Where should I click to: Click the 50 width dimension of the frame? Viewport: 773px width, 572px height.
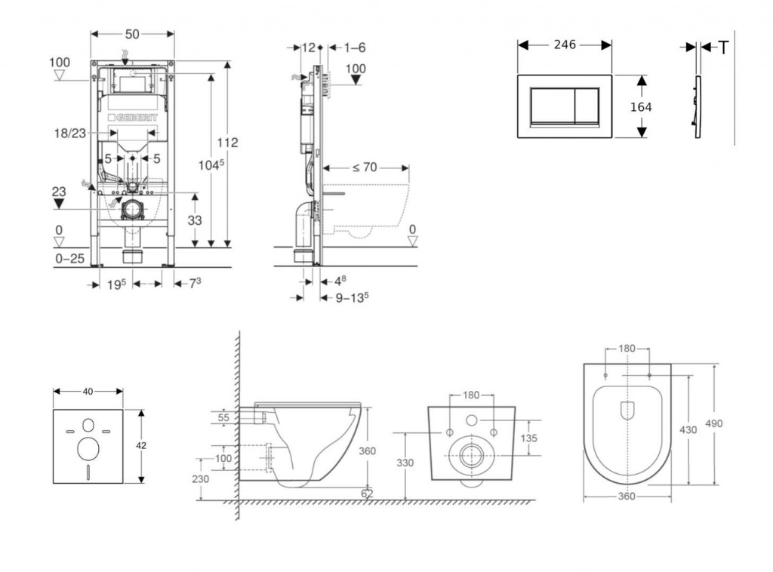pyautogui.click(x=132, y=34)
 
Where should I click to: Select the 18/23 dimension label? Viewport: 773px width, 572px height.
pyautogui.click(x=69, y=132)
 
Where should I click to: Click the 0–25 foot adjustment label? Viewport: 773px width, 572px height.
pyautogui.click(x=69, y=259)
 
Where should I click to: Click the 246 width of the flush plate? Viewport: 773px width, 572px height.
pyautogui.click(x=565, y=45)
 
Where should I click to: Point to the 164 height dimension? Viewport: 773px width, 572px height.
pyautogui.click(x=640, y=106)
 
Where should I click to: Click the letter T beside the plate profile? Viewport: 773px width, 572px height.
pyautogui.click(x=722, y=48)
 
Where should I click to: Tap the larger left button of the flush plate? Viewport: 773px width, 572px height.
pyautogui.click(x=552, y=106)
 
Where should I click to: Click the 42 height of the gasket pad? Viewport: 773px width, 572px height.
pyautogui.click(x=142, y=445)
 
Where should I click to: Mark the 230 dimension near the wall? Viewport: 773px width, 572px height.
pyautogui.click(x=200, y=478)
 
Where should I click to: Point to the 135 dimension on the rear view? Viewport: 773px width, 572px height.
pyautogui.click(x=528, y=438)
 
